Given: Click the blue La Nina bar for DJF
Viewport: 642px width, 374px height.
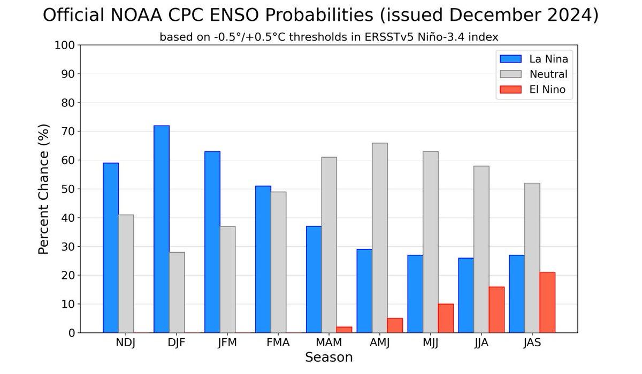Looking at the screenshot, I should [x=162, y=230].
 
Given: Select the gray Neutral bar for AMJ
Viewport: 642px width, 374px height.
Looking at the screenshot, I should [x=380, y=238].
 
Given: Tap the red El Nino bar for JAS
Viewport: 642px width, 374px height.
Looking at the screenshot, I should [x=547, y=303].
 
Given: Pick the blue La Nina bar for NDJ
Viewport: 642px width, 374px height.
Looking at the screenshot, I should [x=111, y=248].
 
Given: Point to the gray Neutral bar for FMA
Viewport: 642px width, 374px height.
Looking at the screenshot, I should [x=278, y=262].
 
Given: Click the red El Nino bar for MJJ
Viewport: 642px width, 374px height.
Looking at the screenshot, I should [x=446, y=318].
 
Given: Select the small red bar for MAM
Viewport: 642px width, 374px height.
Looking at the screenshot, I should [x=344, y=330].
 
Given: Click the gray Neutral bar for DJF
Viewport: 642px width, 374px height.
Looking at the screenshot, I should [x=177, y=292].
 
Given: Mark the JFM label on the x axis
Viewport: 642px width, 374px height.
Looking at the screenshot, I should [x=227, y=343].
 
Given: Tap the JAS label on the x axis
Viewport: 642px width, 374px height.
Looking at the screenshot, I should [x=532, y=343].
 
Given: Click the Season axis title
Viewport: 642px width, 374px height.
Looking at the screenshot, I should [x=328, y=357].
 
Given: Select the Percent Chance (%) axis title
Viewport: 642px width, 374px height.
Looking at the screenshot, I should [x=45, y=189].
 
